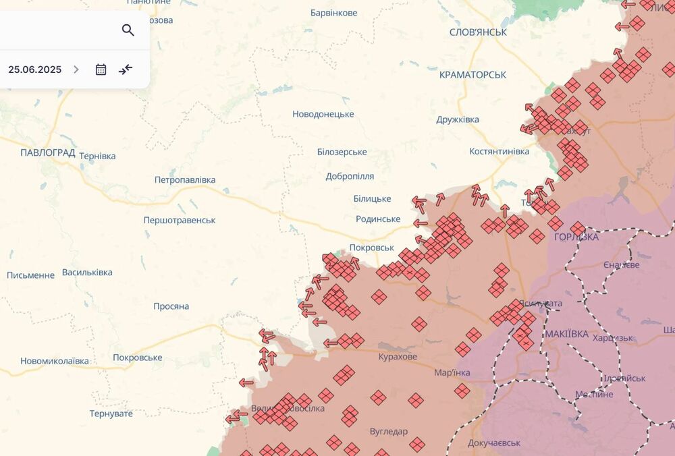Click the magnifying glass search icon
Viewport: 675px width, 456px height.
click(128, 30)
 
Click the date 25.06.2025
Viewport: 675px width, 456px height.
click(35, 69)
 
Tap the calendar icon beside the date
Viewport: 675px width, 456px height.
click(101, 69)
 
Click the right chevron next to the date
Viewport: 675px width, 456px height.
click(76, 69)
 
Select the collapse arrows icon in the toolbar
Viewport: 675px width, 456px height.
click(126, 69)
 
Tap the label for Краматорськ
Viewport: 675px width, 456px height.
click(473, 75)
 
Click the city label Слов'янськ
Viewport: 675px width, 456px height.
click(478, 32)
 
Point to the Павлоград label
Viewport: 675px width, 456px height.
click(47, 152)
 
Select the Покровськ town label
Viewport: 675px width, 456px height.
click(372, 248)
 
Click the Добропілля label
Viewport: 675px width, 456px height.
click(350, 176)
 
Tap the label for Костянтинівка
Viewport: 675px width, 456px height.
click(500, 151)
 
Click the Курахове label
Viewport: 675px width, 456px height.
click(398, 357)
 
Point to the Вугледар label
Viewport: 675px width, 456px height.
click(389, 431)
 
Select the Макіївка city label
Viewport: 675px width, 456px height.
click(566, 334)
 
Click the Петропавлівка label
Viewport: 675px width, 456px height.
click(185, 180)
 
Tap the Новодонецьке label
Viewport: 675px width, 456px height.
click(323, 114)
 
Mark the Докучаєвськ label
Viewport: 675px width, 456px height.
click(494, 443)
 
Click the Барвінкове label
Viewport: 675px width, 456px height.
click(333, 13)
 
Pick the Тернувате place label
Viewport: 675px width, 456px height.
click(111, 414)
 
